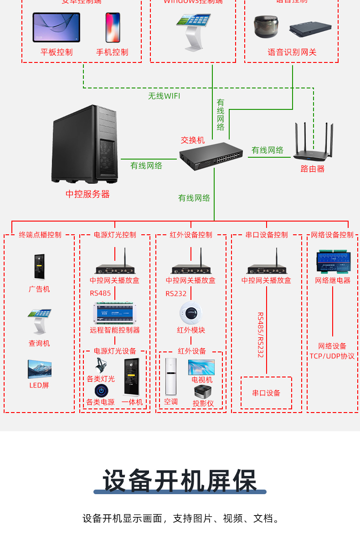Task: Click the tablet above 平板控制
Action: tap(56, 27)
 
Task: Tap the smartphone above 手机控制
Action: tap(113, 27)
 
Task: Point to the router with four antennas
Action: tap(313, 144)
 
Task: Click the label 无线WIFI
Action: tap(164, 96)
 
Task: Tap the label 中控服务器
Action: tap(87, 194)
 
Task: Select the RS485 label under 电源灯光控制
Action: tap(100, 293)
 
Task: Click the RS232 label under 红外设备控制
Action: tap(176, 294)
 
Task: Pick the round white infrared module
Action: tap(191, 313)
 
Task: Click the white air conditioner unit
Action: tap(170, 377)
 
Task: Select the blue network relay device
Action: tap(333, 262)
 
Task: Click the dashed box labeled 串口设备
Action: tap(266, 392)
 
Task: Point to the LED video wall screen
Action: tap(39, 369)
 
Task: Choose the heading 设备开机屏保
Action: tap(180, 480)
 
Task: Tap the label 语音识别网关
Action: tap(292, 52)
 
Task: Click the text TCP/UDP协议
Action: tap(332, 356)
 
